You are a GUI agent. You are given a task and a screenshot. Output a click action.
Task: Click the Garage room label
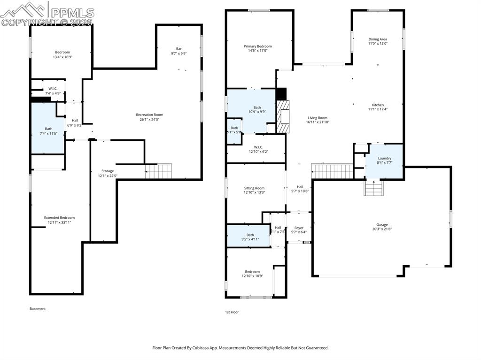381,225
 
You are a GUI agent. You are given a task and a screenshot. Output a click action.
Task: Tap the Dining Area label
378,39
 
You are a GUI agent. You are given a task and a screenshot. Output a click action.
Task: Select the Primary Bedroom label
257,46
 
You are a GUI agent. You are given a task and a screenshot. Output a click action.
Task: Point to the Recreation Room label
149,115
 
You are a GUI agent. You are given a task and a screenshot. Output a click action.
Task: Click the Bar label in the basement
178,48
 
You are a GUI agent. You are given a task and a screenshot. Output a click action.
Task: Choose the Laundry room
384,161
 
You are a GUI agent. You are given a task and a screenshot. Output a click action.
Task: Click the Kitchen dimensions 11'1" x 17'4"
378,109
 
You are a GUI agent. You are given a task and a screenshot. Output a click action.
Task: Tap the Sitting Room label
254,188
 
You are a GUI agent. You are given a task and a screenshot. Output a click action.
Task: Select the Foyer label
299,228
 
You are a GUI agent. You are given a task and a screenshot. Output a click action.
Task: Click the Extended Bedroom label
59,218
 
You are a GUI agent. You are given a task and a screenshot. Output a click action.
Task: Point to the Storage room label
108,171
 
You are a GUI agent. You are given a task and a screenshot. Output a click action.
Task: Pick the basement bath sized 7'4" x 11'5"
48,129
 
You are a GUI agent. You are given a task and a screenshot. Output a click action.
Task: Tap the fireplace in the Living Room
283,117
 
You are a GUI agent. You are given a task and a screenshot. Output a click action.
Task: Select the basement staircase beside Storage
158,171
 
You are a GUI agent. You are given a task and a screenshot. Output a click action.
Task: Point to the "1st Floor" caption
232,312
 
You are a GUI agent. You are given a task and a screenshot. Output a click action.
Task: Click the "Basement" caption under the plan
38,309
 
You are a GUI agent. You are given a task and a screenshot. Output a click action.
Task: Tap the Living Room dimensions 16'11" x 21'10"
318,122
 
